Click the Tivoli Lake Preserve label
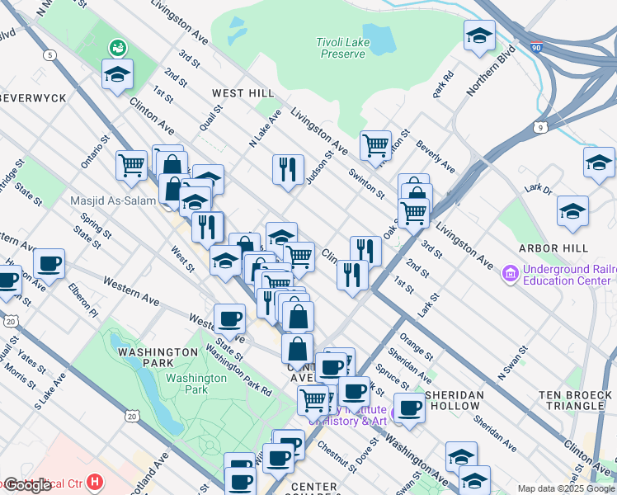coord(340,48)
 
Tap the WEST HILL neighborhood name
coord(243,93)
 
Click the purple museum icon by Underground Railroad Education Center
coord(509,272)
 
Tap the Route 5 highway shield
coord(51,55)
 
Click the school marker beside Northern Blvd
coord(479,35)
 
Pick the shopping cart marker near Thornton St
coord(375,145)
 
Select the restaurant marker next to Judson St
coord(288,169)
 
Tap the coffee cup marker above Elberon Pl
coord(49,264)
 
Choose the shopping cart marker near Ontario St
coord(131,165)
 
